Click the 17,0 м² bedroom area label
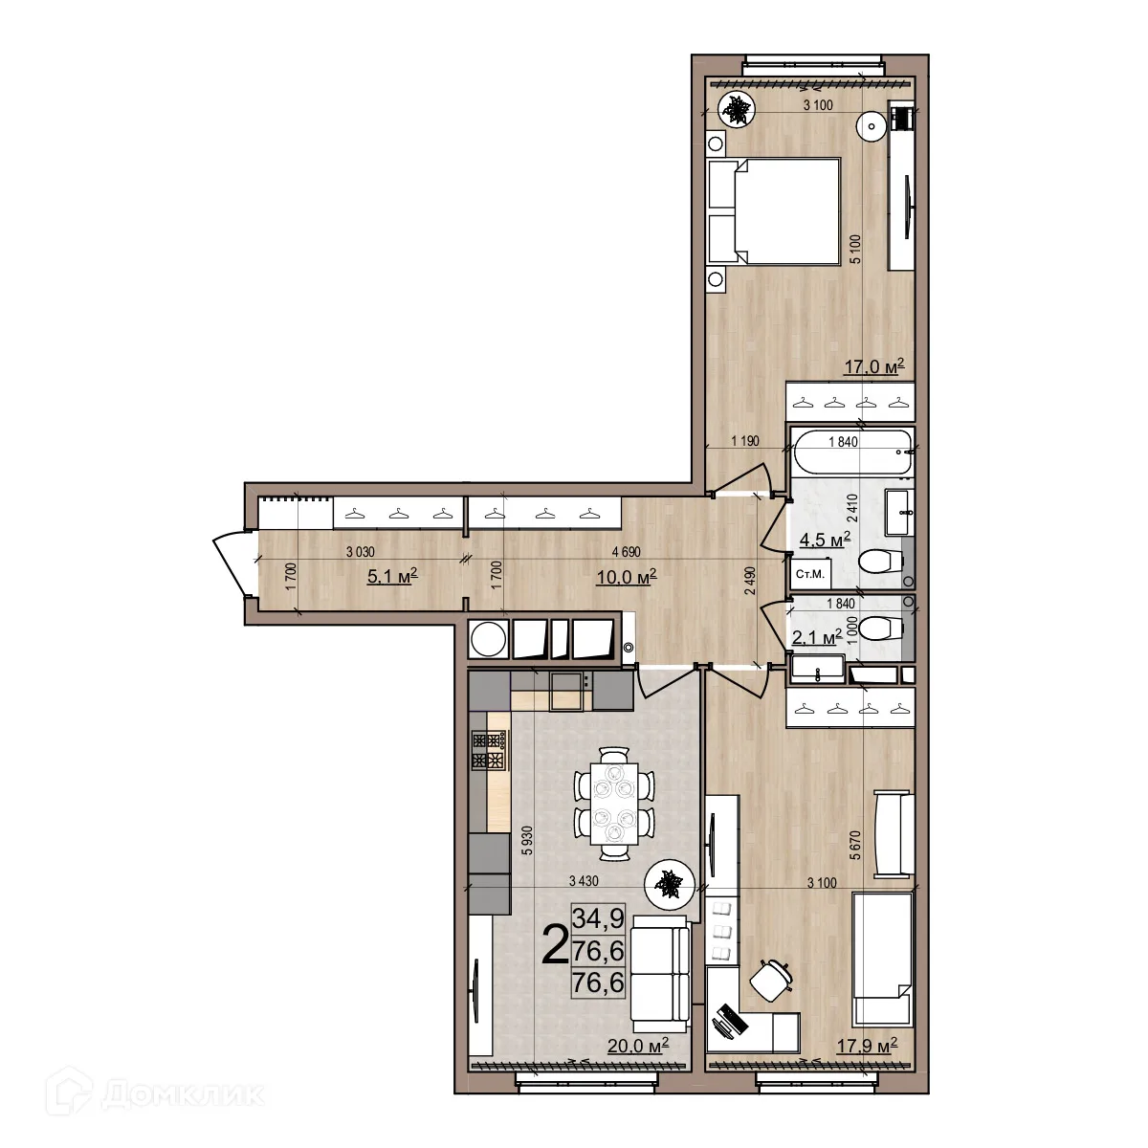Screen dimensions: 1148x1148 (x=874, y=365)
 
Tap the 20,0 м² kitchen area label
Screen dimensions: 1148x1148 (x=638, y=1045)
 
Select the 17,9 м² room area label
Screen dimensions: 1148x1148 (x=867, y=1046)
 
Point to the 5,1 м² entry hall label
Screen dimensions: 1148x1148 (x=392, y=576)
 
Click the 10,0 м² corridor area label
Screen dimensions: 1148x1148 (x=627, y=576)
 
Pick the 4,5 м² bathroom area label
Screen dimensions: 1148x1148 (x=825, y=540)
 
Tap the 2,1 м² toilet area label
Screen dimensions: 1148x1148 (x=817, y=637)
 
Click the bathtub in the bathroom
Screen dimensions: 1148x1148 (x=852, y=453)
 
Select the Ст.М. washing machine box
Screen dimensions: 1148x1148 (x=810, y=574)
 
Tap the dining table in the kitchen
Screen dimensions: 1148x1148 (x=615, y=804)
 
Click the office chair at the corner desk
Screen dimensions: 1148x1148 (x=770, y=979)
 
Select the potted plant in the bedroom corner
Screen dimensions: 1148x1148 (x=737, y=110)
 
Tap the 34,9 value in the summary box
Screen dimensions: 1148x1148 (x=598, y=918)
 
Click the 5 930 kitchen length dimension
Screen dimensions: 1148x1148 (x=526, y=841)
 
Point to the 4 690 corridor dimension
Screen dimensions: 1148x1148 (x=627, y=552)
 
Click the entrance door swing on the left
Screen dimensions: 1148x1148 (x=230, y=563)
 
